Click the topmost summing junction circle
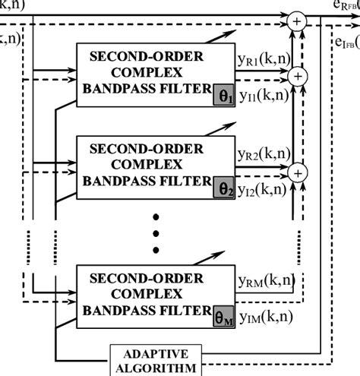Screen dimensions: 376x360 [x=296, y=21]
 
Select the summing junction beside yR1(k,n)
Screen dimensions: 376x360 [x=298, y=75]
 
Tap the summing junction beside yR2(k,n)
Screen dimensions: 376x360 [x=298, y=172]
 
